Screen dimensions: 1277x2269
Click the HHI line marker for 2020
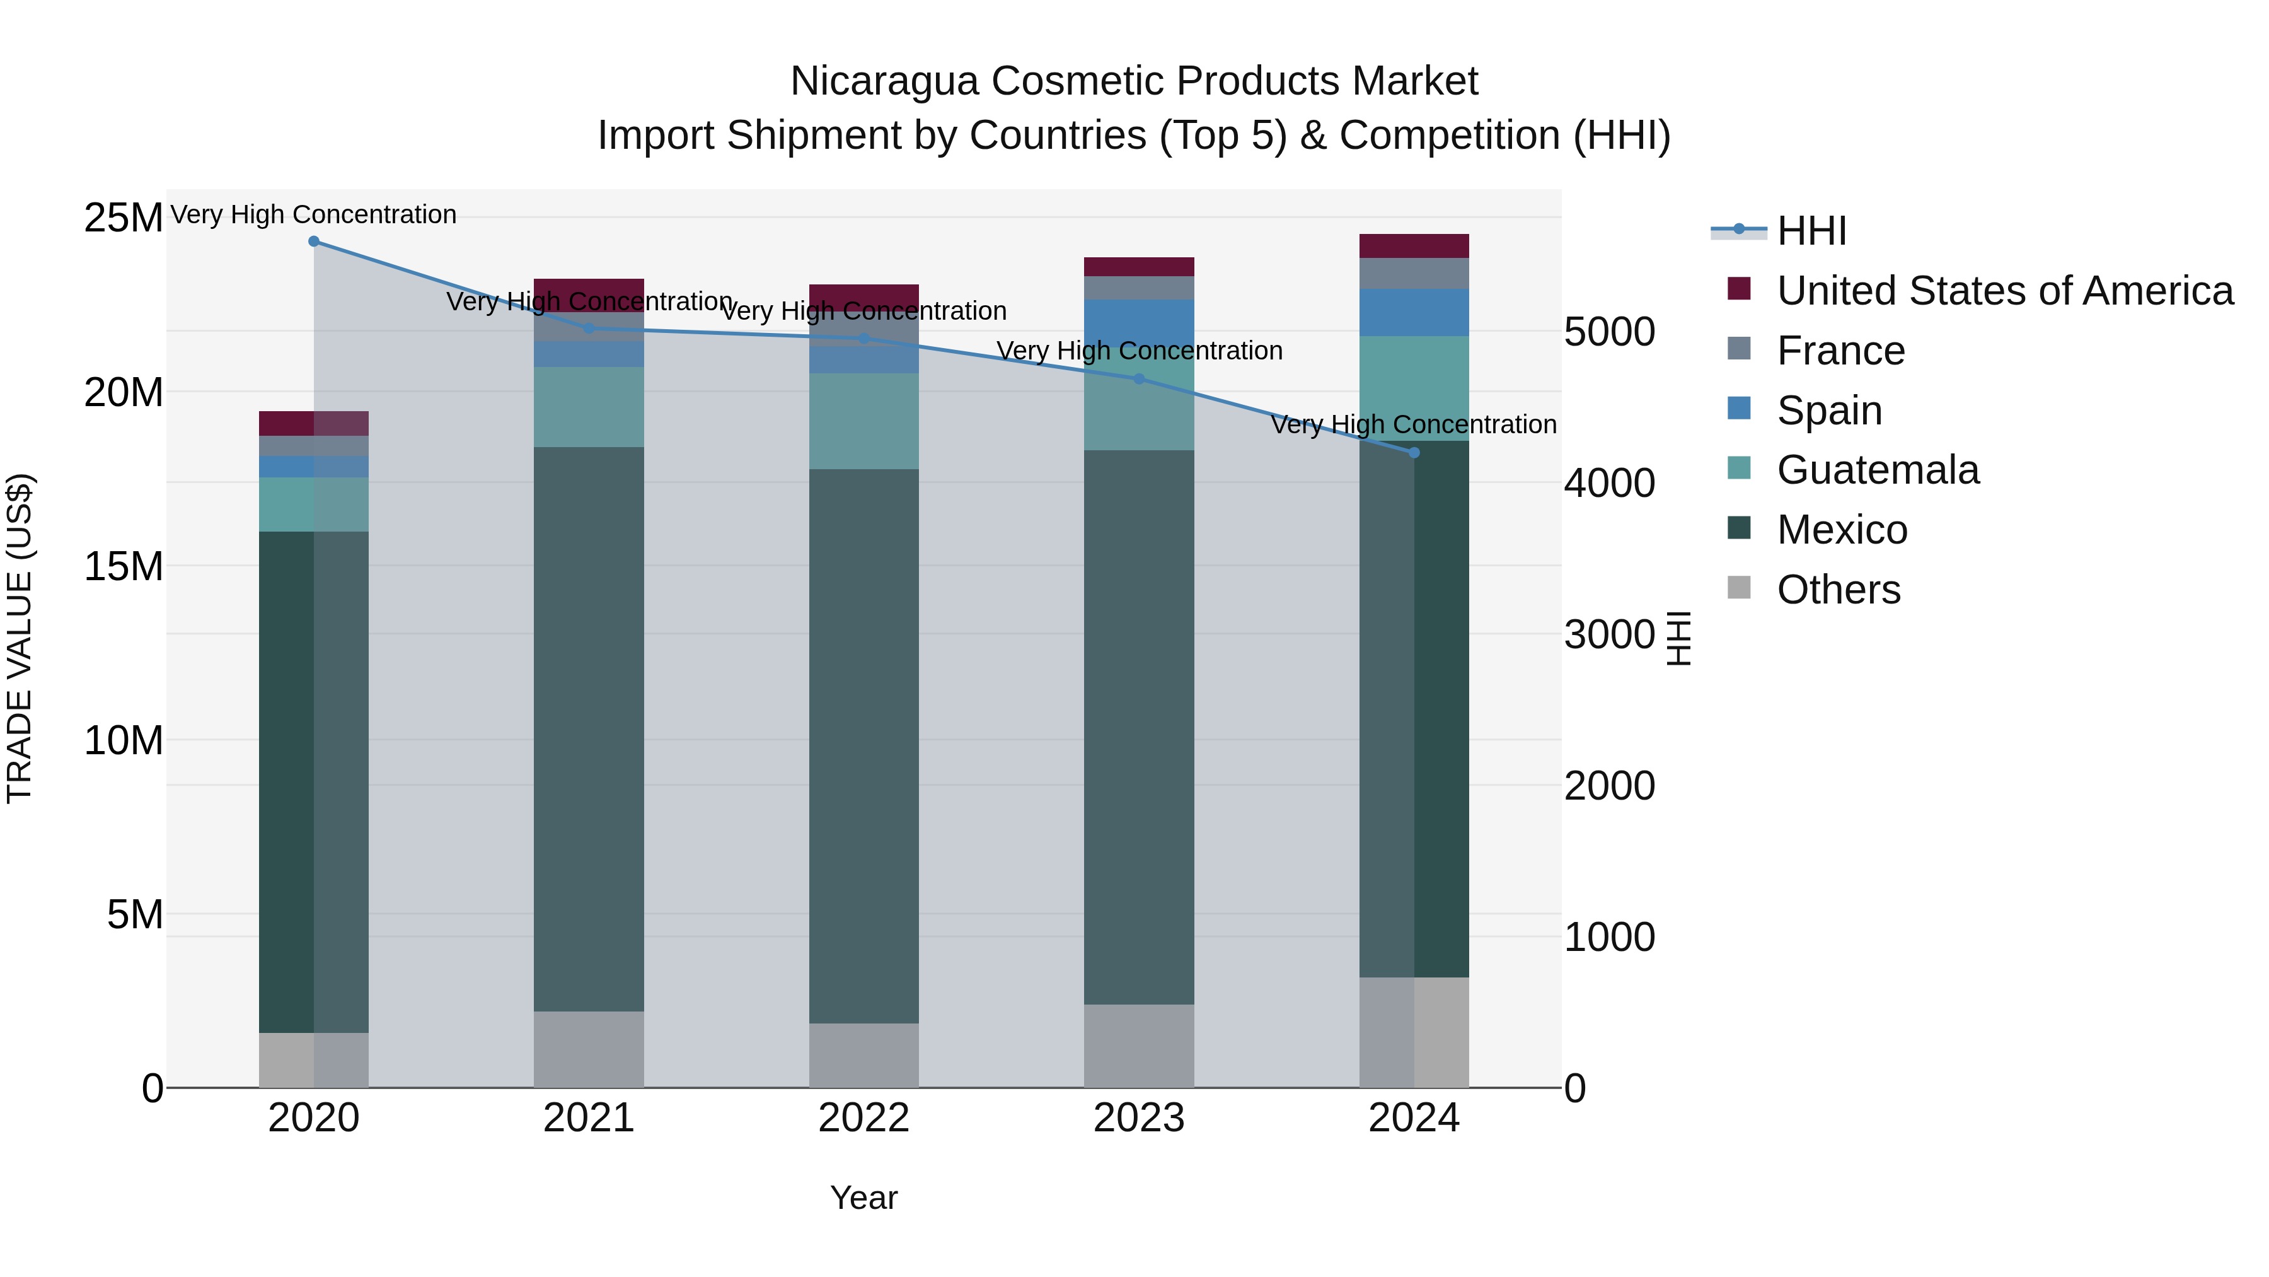(314, 242)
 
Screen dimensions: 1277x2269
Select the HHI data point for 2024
(1414, 452)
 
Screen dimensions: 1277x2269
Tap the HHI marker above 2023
(1139, 379)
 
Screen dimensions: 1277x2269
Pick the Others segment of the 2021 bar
(589, 1049)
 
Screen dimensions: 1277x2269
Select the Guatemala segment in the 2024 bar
(1414, 388)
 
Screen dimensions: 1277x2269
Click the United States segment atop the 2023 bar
(1139, 266)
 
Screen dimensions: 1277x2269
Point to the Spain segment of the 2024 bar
(1414, 312)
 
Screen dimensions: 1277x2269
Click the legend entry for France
(1841, 351)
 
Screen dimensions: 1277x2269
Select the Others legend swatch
(1739, 588)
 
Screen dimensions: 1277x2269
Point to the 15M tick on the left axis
(124, 566)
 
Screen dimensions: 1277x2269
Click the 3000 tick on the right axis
(1609, 634)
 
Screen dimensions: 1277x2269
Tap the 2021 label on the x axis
(589, 1118)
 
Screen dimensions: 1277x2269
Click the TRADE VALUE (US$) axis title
(20, 638)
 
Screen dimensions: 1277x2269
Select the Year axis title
(863, 1198)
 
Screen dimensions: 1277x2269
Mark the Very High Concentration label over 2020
(314, 214)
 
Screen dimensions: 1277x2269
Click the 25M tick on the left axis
(124, 218)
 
